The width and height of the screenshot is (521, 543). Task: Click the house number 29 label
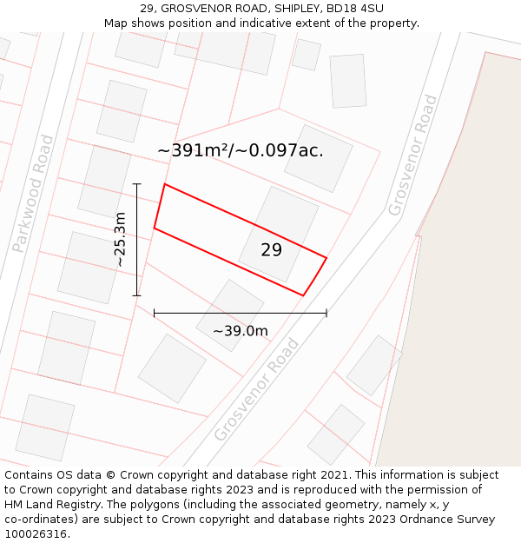click(271, 250)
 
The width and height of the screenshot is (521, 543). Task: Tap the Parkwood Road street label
click(34, 194)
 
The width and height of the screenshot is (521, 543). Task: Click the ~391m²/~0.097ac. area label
click(241, 150)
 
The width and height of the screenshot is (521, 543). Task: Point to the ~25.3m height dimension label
click(121, 240)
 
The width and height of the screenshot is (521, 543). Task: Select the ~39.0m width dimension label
click(241, 331)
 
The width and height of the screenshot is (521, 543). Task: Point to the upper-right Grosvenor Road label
click(412, 155)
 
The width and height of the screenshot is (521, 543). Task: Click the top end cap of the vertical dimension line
click(136, 184)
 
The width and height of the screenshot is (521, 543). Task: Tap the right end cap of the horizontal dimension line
click(326, 313)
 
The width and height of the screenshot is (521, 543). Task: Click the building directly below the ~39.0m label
click(172, 368)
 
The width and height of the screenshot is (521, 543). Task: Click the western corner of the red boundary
click(155, 228)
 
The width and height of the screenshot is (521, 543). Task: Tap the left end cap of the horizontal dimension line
click(154, 313)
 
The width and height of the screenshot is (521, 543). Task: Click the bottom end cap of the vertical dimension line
click(136, 295)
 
